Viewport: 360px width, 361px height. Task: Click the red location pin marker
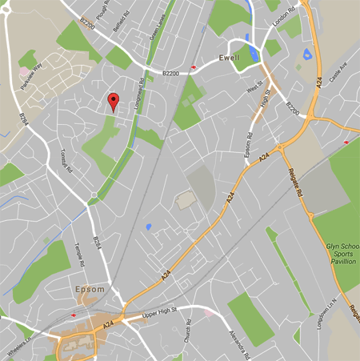click(x=114, y=101)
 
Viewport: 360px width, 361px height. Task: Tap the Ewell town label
click(x=230, y=58)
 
